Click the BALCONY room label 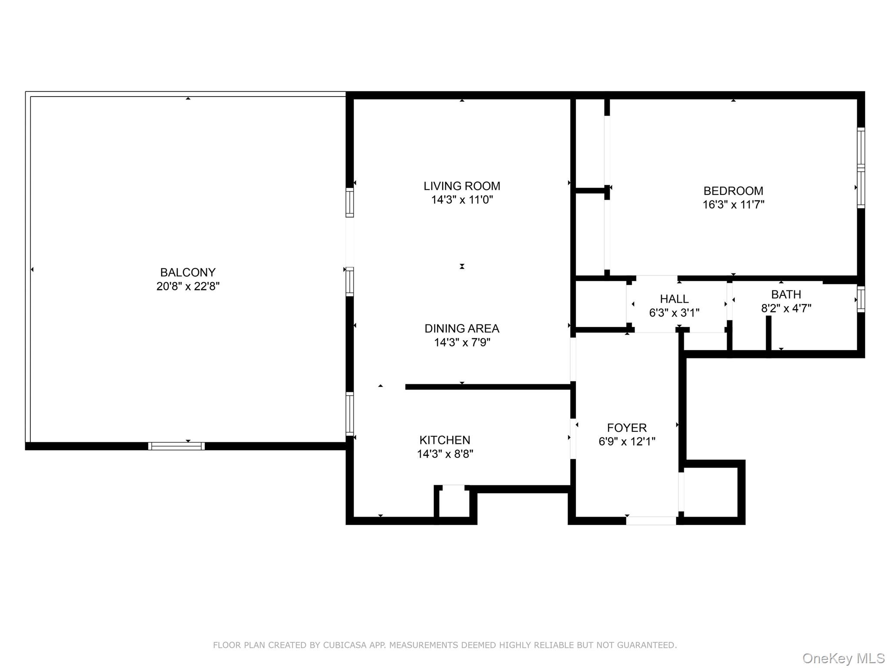[188, 272]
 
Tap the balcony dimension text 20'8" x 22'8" [188, 286]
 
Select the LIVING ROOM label [462, 186]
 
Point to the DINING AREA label [462, 328]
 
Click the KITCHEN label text [445, 440]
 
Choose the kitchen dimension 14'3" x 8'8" [445, 454]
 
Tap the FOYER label [627, 428]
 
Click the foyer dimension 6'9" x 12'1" [627, 441]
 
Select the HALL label [674, 299]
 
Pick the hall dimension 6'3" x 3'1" [674, 313]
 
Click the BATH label [786, 294]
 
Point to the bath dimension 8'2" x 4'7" [786, 308]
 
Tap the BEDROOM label [733, 191]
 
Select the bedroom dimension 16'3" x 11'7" [733, 204]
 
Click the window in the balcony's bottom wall [176, 446]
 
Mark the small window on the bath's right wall [860, 299]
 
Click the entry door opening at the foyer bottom [651, 520]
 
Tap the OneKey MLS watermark [843, 658]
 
